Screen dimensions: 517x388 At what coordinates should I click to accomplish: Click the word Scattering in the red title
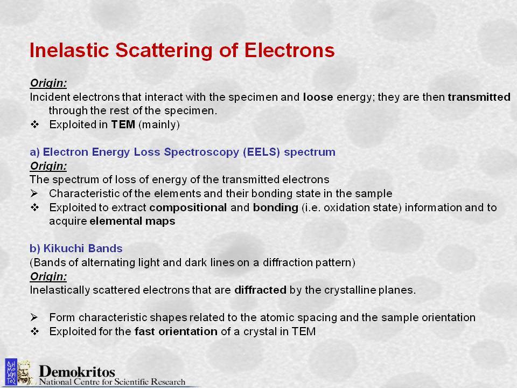click(164, 51)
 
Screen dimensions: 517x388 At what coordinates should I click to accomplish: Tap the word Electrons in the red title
click(289, 50)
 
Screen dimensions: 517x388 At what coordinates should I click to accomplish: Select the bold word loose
click(318, 97)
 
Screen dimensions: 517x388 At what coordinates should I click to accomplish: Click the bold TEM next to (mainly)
click(123, 124)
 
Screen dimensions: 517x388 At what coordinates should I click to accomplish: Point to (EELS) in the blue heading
click(262, 152)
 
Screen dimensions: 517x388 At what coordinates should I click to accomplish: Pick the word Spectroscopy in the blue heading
click(201, 152)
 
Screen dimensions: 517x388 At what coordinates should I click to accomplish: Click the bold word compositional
click(188, 207)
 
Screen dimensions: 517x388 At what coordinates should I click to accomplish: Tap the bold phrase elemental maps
click(132, 221)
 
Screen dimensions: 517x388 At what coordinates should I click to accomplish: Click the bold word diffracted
click(260, 290)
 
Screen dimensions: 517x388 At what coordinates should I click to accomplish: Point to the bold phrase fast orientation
click(176, 331)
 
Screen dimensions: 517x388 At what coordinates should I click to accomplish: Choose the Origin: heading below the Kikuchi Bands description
click(48, 276)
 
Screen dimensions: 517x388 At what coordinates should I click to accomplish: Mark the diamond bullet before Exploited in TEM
click(34, 124)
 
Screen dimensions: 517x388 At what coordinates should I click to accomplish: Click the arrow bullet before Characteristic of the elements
click(34, 193)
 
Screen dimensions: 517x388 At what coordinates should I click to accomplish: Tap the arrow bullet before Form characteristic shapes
click(34, 317)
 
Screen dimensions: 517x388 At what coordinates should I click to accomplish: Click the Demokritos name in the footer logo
click(77, 371)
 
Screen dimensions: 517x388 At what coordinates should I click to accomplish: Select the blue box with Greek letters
click(11, 372)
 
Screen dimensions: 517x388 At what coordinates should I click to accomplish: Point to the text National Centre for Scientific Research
click(112, 382)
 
